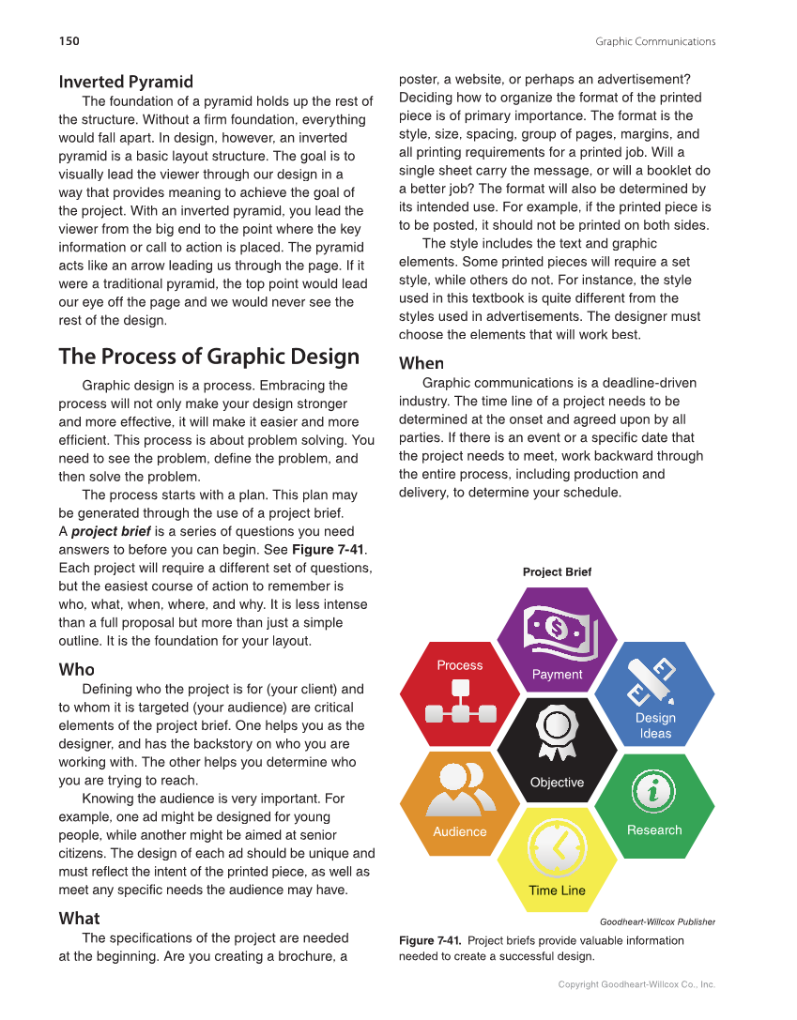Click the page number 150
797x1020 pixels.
pyautogui.click(x=69, y=41)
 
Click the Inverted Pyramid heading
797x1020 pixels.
pyautogui.click(x=126, y=82)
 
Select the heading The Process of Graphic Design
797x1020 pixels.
pyautogui.click(x=208, y=357)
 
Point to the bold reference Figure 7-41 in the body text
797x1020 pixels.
pyautogui.click(x=328, y=550)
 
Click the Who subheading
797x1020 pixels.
pyautogui.click(x=76, y=669)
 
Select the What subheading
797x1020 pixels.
pyautogui.click(x=79, y=918)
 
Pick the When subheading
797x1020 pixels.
pyautogui.click(x=421, y=363)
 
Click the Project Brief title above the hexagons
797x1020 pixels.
pyautogui.click(x=557, y=571)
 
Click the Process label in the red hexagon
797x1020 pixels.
pyautogui.click(x=459, y=665)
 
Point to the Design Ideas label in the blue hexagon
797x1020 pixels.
pyautogui.click(x=655, y=725)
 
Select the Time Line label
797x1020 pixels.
pyautogui.click(x=557, y=891)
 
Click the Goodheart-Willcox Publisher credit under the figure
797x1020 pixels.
pyautogui.click(x=657, y=921)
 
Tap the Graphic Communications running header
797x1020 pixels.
pyautogui.click(x=654, y=41)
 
